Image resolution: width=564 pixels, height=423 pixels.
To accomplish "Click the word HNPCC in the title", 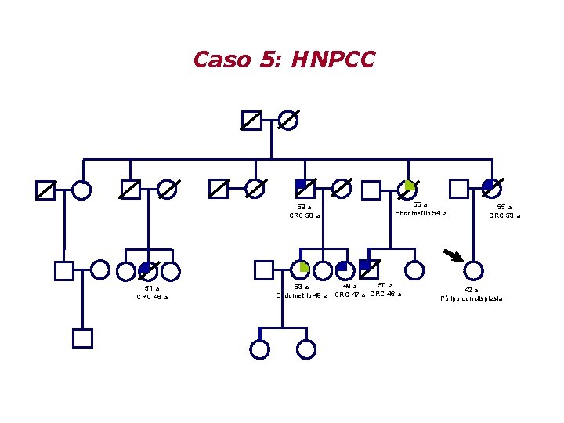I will pos(333,60).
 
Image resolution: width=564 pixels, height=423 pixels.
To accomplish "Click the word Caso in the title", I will pos(222,60).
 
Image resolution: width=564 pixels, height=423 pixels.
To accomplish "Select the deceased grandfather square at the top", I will pos(251,120).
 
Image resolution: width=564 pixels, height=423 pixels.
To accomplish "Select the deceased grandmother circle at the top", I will pos(288,120).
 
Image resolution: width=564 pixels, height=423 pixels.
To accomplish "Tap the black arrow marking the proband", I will pos(453,255).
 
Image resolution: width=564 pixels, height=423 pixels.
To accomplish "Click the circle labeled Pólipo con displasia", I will pos(473,270).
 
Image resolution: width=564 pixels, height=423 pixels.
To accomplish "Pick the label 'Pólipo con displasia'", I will pos(472,298).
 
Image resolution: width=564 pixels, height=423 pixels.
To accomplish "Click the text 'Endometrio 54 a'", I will pos(421,213).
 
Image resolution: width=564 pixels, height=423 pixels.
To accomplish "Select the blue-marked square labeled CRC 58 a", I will pos(305,188).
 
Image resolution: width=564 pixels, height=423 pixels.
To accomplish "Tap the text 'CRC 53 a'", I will pos(504,215).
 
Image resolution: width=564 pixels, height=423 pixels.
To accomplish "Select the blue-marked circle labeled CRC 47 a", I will pos(342,270).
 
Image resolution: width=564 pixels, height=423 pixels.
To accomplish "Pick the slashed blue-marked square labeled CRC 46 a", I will pos(369,269).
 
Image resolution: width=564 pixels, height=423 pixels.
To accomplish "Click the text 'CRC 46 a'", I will pos(385,294).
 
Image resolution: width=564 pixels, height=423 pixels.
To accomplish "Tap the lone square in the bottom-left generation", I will pos(82,338).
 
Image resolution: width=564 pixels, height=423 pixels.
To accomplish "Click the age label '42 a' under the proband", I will pos(471,290).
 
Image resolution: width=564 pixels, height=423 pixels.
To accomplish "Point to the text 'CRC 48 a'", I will pos(152,297).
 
